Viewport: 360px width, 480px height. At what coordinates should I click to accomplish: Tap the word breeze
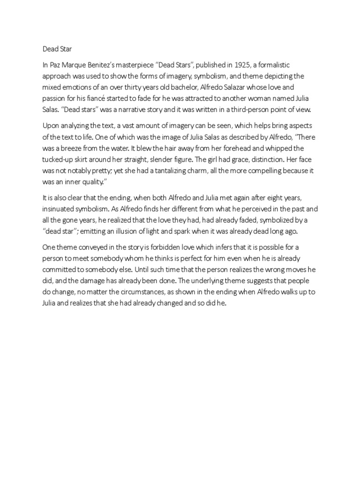click(x=77, y=149)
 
